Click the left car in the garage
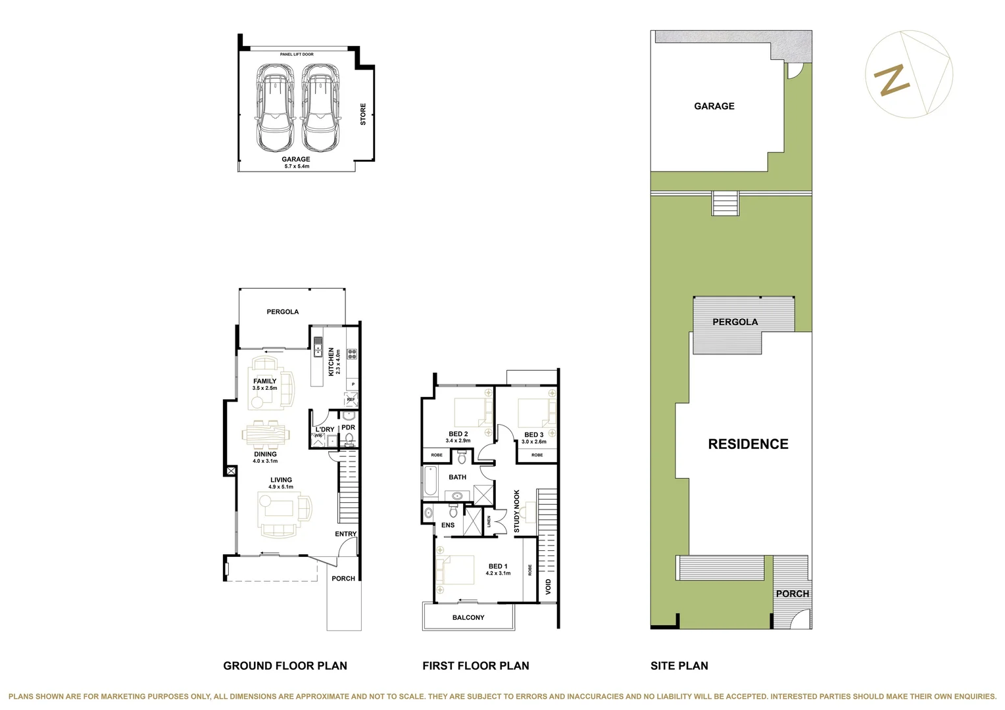[274, 107]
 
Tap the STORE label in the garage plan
[363, 114]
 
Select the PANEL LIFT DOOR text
[297, 55]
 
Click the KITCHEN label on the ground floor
[331, 362]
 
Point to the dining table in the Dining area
[266, 434]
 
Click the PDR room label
[348, 427]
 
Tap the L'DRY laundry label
[325, 429]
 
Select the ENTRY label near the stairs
[345, 534]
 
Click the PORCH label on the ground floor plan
[343, 579]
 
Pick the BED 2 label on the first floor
[458, 434]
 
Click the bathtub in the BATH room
[431, 481]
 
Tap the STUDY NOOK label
[517, 511]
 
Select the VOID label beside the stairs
[549, 586]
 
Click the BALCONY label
[468, 617]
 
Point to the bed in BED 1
[456, 570]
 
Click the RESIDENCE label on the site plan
[748, 444]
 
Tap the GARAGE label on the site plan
[714, 106]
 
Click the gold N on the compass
[891, 80]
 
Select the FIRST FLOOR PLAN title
[476, 666]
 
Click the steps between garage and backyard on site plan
[725, 203]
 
